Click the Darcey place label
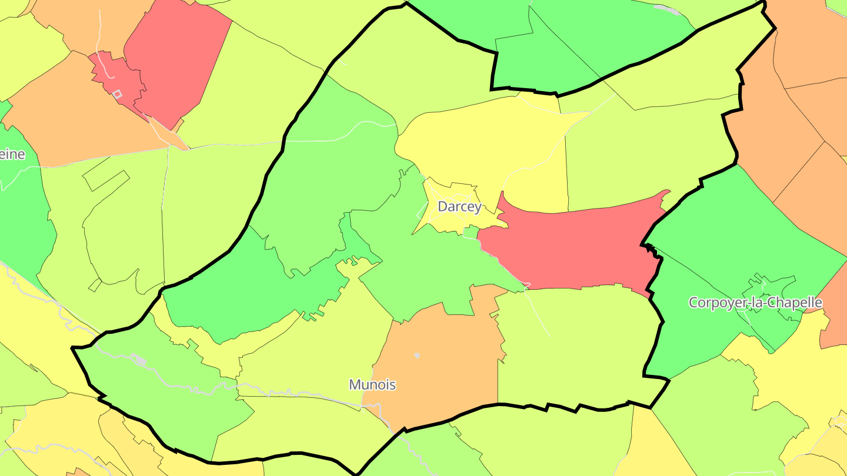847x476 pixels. click(x=459, y=207)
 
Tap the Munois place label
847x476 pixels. click(x=372, y=385)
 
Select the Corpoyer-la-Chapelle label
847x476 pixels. click(x=755, y=303)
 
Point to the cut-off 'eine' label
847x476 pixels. click(x=12, y=155)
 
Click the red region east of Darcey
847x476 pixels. click(x=576, y=247)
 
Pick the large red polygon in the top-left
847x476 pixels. click(x=176, y=59)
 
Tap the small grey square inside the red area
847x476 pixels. click(x=117, y=94)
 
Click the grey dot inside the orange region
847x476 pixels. click(x=417, y=355)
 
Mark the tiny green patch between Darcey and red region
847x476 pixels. click(x=470, y=233)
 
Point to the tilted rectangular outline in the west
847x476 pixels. click(x=106, y=180)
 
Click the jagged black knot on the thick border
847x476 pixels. click(x=651, y=249)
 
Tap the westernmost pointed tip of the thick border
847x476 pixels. click(x=73, y=348)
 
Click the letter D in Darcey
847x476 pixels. click(x=442, y=207)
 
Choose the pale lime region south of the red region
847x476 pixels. click(x=576, y=347)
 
